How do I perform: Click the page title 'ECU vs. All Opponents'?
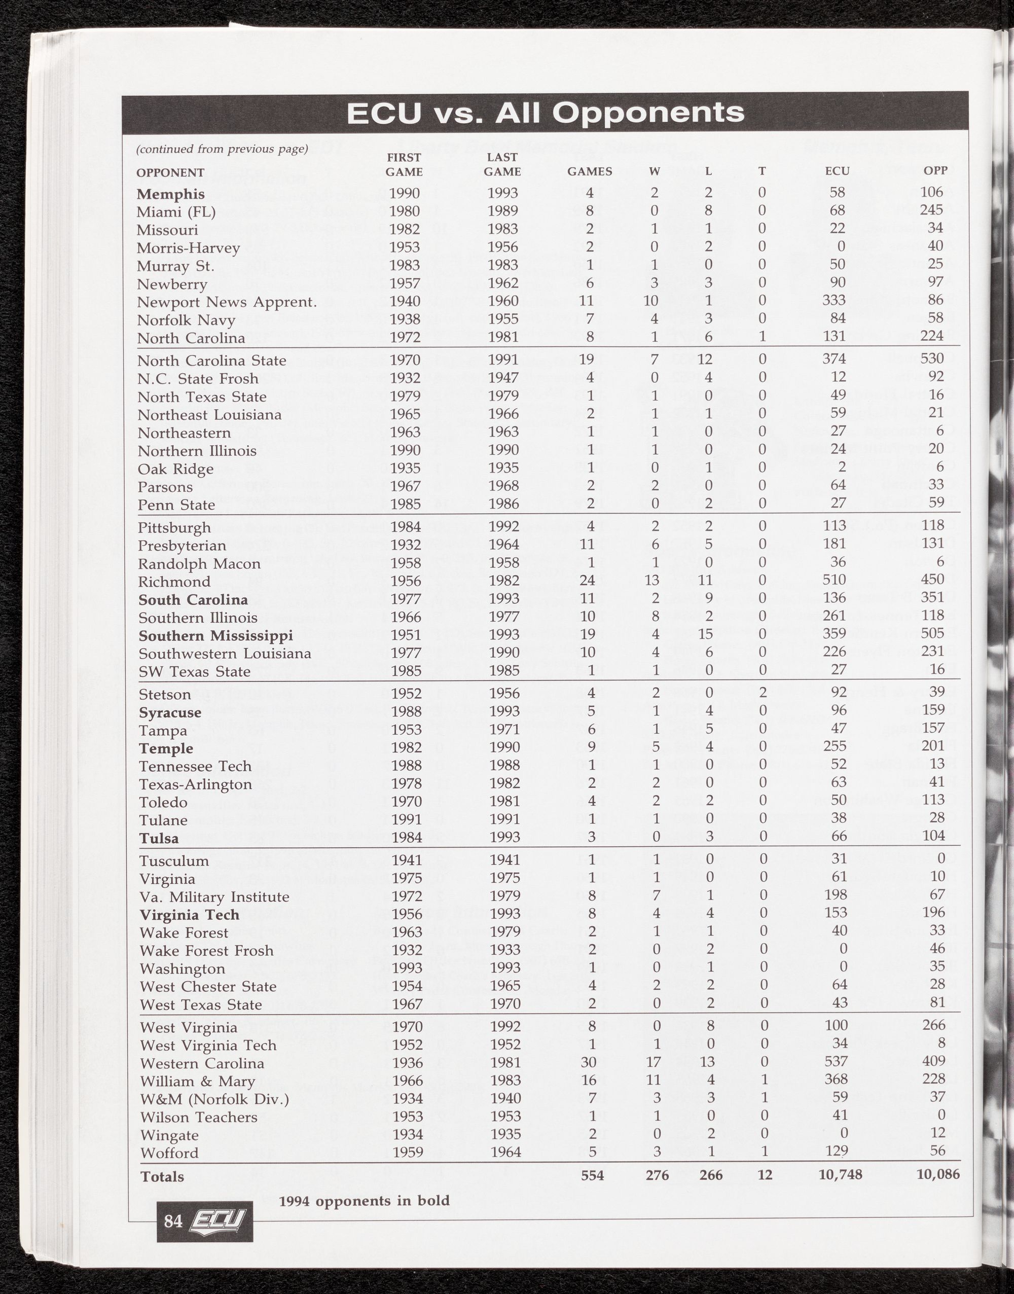(545, 113)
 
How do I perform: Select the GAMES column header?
(590, 171)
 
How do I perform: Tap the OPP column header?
(935, 170)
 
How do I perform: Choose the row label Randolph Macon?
(199, 563)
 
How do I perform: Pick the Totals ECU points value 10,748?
(840, 1174)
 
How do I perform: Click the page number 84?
(173, 1221)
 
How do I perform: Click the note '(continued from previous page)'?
(222, 149)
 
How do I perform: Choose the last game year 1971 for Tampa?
(504, 729)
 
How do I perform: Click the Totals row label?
(162, 1176)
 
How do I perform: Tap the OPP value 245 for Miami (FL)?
(931, 211)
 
